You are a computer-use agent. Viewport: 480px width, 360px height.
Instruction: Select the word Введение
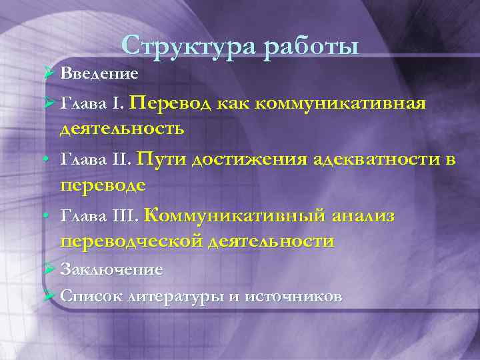coord(99,73)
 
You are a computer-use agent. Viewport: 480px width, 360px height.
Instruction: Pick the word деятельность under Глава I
coord(122,127)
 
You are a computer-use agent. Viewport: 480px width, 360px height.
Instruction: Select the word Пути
coord(160,159)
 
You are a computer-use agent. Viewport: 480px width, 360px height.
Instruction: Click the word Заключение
coord(111,269)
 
